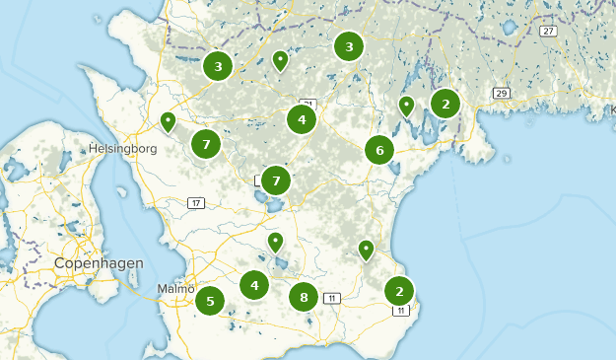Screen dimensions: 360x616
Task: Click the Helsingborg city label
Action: tap(123, 148)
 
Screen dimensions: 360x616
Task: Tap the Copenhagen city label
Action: tap(99, 263)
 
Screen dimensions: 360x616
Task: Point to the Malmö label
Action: tap(176, 288)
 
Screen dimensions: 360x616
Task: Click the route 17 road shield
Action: tap(196, 203)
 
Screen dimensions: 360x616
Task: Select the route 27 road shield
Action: tap(548, 32)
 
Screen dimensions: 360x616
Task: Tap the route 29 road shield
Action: tap(502, 94)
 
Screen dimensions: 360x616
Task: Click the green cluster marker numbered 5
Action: tap(210, 300)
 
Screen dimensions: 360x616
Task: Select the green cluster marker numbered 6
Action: tap(379, 150)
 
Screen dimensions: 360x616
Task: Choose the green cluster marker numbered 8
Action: tap(304, 297)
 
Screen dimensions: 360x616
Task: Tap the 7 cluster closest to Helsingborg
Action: tap(206, 144)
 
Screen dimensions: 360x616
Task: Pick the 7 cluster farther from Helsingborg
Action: tap(276, 180)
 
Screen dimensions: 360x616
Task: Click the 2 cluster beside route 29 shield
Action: tap(445, 103)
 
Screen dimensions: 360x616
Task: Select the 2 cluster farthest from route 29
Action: tap(399, 291)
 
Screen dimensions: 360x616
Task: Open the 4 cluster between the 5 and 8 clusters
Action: tap(254, 285)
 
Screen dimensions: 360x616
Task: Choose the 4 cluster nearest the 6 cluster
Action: tap(302, 120)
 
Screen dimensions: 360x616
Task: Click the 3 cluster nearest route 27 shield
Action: tap(349, 45)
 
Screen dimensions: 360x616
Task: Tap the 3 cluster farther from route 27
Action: tap(217, 66)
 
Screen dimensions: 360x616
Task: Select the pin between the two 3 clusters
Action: tap(281, 61)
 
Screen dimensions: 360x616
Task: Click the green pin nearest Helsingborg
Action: tap(168, 121)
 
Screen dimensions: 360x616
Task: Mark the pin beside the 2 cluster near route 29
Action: tap(406, 106)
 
